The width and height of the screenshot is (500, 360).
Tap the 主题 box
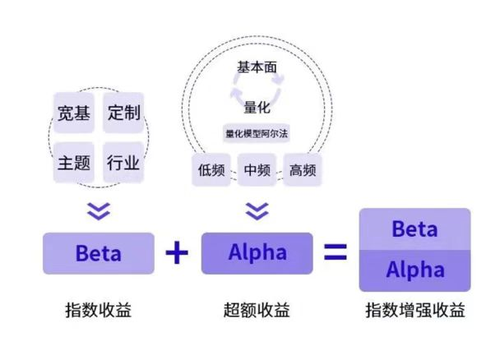[x=75, y=162]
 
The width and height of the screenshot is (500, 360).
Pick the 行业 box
[x=124, y=162]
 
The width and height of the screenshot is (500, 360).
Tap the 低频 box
[x=211, y=170]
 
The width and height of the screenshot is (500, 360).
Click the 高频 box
[x=303, y=170]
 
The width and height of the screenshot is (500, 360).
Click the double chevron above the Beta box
[x=99, y=211]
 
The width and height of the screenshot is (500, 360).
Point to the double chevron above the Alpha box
[x=257, y=211]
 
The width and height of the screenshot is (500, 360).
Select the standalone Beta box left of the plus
[x=99, y=253]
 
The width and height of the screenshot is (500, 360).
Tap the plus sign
[x=177, y=253]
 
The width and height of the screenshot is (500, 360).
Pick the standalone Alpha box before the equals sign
[x=257, y=253]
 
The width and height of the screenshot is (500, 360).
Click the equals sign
[x=335, y=253]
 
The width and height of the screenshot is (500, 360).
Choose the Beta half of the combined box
[x=414, y=229]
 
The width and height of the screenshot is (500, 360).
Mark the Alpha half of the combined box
[x=414, y=270]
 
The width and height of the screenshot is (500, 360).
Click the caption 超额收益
[x=257, y=311]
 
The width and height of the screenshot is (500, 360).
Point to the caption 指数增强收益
[x=415, y=311]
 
